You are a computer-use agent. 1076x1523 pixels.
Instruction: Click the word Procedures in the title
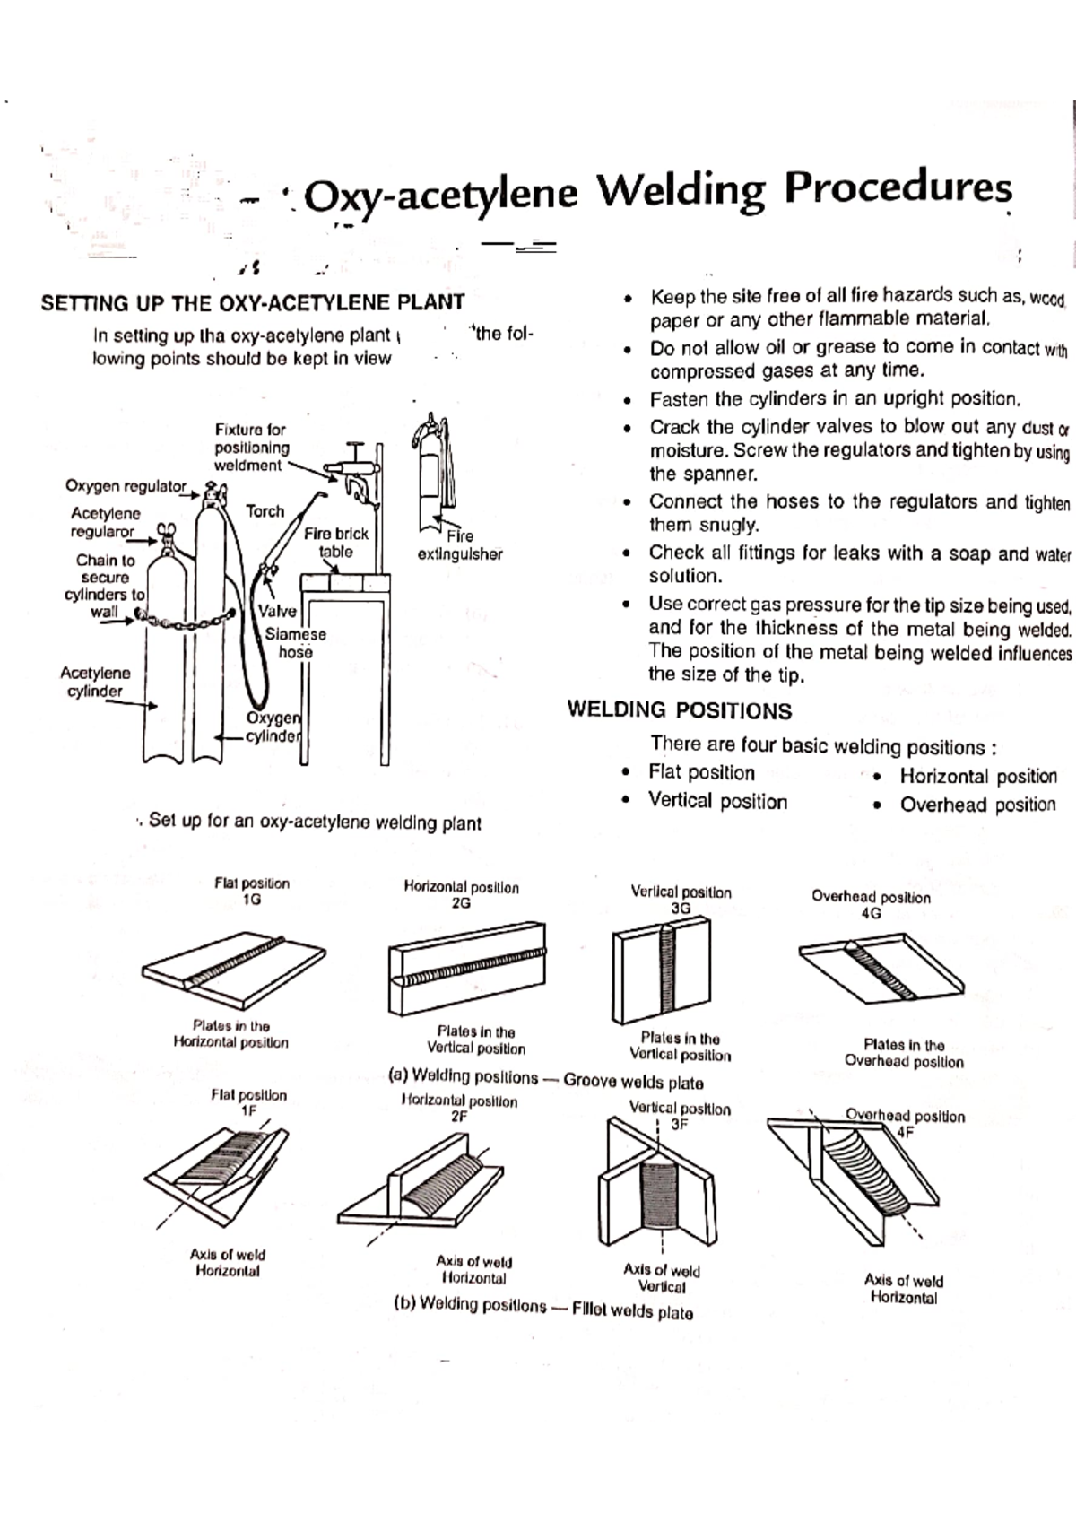click(898, 189)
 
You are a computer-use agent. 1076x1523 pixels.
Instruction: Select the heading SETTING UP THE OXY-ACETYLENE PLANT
click(252, 302)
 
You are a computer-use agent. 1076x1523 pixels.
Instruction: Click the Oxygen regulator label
click(125, 486)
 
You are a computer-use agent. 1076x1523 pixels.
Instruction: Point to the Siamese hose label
click(295, 642)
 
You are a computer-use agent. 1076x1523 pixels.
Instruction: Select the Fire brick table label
click(335, 543)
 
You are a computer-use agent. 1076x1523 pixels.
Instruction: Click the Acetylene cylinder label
click(94, 682)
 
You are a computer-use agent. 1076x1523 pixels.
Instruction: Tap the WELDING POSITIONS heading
click(679, 711)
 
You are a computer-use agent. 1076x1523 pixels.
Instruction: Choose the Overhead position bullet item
click(976, 805)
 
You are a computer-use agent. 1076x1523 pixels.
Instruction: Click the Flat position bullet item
click(700, 772)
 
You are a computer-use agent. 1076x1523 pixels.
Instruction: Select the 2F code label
click(458, 1117)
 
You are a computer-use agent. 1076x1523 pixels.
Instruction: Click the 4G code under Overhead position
click(870, 913)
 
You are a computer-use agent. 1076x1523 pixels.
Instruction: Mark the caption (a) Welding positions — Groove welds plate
click(545, 1079)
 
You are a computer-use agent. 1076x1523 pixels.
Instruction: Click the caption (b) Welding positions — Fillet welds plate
click(542, 1308)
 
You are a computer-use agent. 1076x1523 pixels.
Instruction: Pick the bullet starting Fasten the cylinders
click(835, 399)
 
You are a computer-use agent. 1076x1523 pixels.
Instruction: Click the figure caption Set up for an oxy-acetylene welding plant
click(314, 822)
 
